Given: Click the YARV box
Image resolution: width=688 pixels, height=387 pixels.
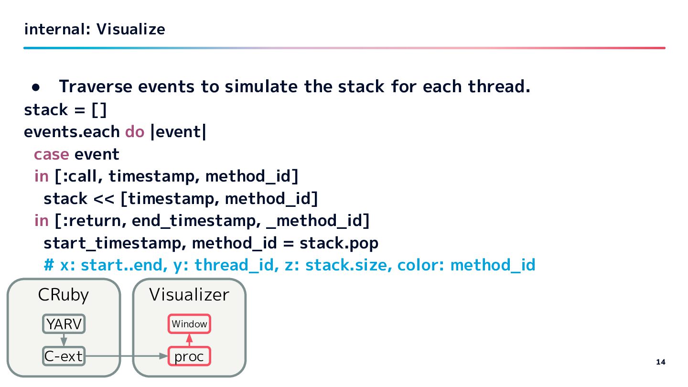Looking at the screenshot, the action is coord(64,324).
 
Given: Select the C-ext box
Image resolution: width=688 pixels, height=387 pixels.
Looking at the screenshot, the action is coord(64,356).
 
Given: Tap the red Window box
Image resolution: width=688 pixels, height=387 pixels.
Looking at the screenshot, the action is coord(189,324).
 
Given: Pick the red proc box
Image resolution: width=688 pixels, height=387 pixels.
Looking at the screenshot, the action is coord(189,356).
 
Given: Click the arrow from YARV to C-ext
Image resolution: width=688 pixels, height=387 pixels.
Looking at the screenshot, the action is coord(64,340).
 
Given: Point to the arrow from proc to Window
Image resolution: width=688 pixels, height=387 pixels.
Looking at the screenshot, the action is coord(189,340).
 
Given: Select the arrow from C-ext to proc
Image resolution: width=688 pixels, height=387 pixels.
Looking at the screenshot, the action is coord(127,356).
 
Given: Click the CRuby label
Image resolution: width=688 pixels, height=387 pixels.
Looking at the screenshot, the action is coord(63,295).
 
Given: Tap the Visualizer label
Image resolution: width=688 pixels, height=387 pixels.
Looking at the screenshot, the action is coord(189,295).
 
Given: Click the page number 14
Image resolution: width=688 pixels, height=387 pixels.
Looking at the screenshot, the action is coord(660,362).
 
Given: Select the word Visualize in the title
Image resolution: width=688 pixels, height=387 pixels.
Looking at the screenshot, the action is coord(130,30).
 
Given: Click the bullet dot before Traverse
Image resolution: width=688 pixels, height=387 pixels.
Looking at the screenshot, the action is coord(36,87).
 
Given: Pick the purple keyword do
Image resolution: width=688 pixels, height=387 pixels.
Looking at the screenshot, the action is coord(135,131).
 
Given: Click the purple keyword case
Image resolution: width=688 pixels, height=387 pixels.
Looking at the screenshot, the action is coord(51,154).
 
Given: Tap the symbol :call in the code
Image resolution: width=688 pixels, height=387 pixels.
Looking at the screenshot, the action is coord(81,176).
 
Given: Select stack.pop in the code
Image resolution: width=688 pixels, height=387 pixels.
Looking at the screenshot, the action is coord(339,243).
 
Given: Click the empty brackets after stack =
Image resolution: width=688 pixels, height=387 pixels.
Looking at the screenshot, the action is coord(99,110).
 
